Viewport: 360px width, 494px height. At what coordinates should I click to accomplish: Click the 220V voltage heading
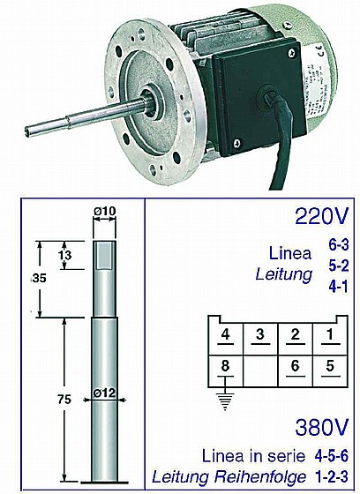tap(322, 216)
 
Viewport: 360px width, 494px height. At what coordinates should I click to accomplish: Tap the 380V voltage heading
tap(322, 427)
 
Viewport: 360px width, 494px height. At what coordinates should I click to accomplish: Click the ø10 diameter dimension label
tap(104, 211)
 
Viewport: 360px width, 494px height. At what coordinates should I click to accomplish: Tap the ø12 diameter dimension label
tap(104, 393)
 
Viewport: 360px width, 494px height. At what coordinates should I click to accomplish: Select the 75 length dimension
tap(64, 400)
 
